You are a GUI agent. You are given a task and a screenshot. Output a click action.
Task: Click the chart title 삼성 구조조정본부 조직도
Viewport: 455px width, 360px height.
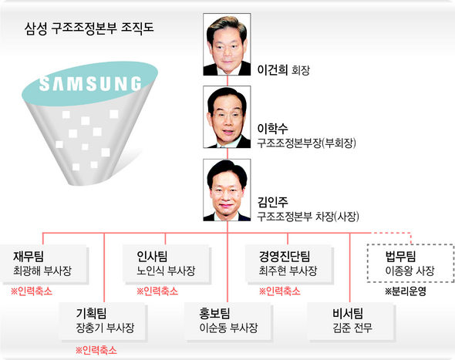coord(89,29)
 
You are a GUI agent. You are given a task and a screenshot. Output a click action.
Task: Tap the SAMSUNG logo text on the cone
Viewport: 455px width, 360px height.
coord(90,84)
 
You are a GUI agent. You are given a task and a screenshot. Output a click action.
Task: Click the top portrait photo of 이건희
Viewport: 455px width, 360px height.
coord(227,45)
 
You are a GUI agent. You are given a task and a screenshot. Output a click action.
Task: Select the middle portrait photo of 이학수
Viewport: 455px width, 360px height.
coord(227,117)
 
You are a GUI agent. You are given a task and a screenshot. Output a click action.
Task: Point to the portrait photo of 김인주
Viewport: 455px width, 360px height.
coord(227,190)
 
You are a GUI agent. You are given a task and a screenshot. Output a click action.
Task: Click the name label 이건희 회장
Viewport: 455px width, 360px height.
coord(284,70)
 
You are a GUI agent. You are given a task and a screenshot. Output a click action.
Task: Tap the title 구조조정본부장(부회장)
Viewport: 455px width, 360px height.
coord(306,143)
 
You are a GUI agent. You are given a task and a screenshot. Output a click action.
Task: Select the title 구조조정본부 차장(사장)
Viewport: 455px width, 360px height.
coord(308,217)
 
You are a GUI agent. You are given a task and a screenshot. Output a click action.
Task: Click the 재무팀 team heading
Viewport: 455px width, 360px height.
coord(29,256)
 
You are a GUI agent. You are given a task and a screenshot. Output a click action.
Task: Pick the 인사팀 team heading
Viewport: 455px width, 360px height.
coord(152,256)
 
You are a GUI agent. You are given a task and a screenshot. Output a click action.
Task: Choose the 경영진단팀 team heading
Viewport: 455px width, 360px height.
coord(285,256)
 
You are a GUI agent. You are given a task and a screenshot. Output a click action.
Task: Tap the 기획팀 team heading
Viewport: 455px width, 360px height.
coord(92,313)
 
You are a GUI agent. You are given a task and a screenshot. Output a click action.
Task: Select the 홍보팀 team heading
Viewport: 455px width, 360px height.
coord(214,313)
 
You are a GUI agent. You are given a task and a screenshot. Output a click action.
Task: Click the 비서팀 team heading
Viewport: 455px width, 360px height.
coord(348,313)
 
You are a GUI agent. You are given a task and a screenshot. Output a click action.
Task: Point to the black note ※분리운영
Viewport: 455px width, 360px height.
coord(406,291)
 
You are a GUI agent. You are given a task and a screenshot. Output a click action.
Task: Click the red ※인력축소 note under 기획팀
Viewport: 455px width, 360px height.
coord(96,350)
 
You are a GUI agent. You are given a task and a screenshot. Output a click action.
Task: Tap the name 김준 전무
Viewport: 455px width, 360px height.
coord(352,328)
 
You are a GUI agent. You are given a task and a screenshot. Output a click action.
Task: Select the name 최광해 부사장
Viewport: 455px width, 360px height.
coord(42,271)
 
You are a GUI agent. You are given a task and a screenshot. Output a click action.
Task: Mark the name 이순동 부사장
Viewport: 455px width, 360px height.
coord(229,328)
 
